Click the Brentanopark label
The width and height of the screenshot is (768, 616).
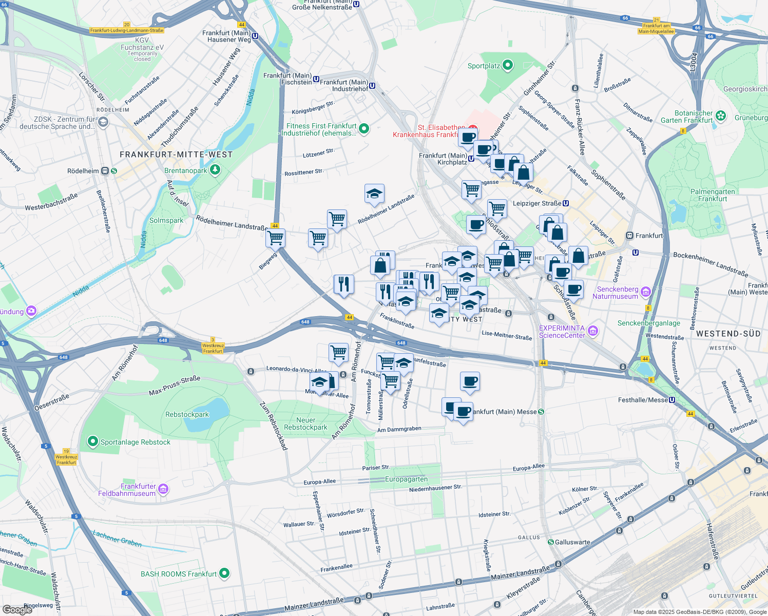point(185,170)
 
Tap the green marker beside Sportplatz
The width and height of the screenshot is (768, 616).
point(508,65)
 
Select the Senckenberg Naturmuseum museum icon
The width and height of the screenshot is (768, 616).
point(646,293)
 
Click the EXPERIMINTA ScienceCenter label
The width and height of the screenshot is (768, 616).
point(562,332)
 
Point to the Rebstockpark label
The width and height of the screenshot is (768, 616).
point(187,414)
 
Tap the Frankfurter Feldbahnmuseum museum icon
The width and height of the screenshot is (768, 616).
point(163,489)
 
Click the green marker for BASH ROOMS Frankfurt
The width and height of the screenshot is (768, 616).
point(224,573)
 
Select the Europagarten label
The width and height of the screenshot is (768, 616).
point(406,479)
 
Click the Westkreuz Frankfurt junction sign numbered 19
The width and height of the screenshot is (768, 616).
point(66,456)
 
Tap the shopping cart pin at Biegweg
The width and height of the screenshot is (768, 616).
point(276,238)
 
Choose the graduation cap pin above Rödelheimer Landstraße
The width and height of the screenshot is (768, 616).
point(374,194)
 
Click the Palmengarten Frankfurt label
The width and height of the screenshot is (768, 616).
point(713,195)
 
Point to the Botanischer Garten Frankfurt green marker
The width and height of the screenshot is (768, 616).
point(721,116)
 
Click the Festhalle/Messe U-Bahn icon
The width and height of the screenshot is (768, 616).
point(672,400)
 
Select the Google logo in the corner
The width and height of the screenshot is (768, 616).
point(17,609)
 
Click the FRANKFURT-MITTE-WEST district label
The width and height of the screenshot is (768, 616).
point(176,155)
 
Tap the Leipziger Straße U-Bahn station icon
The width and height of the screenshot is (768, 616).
point(566,203)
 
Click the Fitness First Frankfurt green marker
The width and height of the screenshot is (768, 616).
point(364,129)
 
